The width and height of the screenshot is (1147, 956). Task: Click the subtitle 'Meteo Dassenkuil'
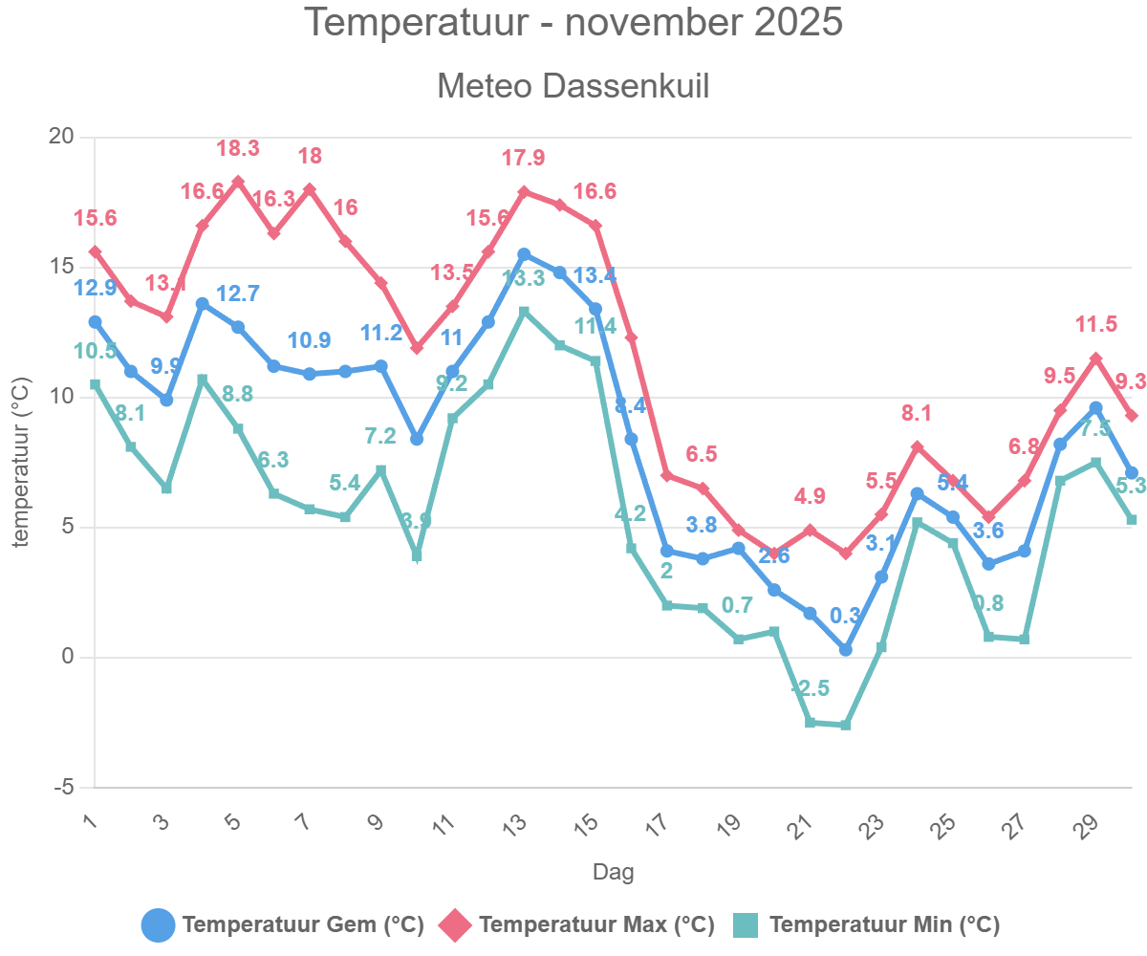[573, 86]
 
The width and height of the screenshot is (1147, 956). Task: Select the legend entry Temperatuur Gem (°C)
[283, 924]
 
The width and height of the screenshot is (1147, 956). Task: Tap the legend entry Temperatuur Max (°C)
[576, 924]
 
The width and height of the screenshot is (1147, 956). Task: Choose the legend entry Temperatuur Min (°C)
[866, 924]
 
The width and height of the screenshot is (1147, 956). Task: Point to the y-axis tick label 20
[61, 137]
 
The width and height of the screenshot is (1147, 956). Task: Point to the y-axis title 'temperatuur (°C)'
[21, 463]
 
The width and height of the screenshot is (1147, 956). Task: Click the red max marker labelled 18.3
[238, 182]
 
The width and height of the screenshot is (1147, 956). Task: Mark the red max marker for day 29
[1095, 358]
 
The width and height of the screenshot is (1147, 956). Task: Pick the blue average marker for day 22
[845, 650]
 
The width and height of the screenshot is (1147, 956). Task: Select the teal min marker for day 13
[524, 312]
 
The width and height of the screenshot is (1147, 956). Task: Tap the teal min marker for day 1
[95, 384]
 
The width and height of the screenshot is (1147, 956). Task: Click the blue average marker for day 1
[95, 322]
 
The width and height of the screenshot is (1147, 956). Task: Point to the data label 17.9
[524, 158]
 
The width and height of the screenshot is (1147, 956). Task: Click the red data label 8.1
[917, 413]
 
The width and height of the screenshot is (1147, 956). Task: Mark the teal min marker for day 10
[417, 555]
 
